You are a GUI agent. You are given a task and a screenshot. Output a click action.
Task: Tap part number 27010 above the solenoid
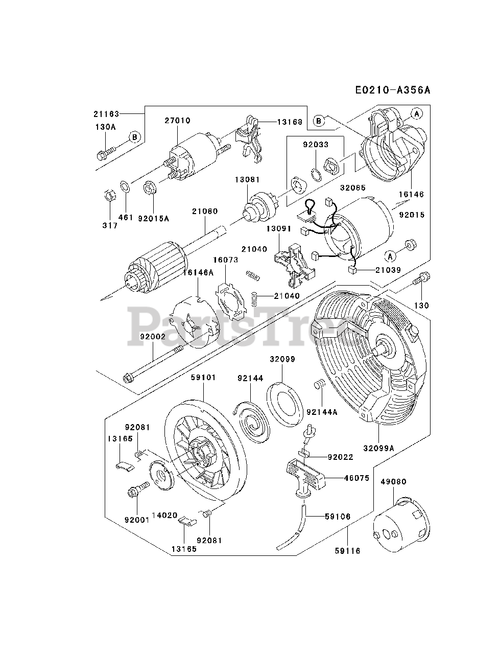click(177, 121)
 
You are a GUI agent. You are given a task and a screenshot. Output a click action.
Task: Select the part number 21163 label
click(106, 114)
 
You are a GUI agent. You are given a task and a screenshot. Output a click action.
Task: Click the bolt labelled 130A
click(105, 152)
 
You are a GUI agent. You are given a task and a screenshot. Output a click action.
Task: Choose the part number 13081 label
click(247, 179)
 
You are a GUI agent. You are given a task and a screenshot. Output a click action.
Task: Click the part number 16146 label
click(411, 195)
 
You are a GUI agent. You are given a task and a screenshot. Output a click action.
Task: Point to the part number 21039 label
click(388, 270)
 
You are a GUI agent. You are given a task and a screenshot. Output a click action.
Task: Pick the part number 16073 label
click(225, 260)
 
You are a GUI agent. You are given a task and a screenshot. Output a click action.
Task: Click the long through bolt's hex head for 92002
click(127, 378)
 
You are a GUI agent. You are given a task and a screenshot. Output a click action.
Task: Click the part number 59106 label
click(338, 517)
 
